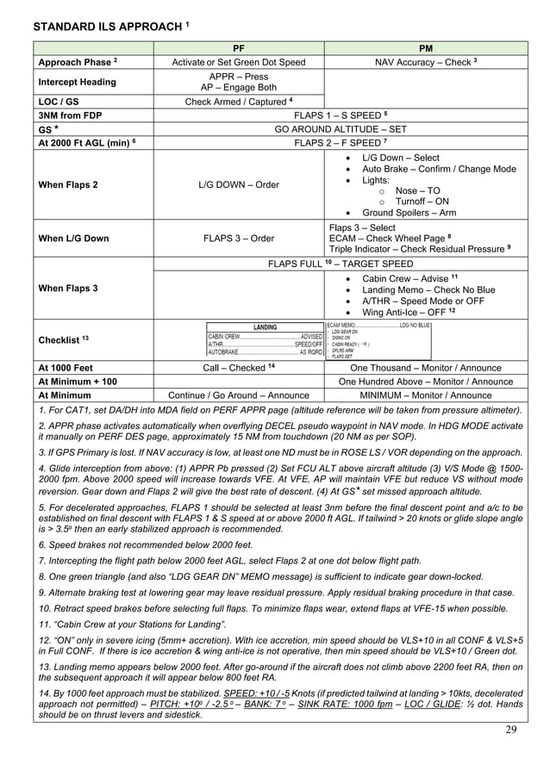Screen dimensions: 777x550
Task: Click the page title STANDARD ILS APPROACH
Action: point(107,27)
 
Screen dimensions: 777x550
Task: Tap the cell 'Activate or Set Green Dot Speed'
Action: point(239,62)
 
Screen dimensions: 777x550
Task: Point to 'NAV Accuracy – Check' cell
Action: point(425,62)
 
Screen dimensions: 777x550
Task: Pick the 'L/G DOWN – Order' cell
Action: point(239,185)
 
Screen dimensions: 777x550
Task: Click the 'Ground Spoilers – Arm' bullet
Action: point(409,213)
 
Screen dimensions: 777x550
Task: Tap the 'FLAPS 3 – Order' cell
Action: point(239,239)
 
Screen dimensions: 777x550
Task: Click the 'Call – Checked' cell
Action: point(239,368)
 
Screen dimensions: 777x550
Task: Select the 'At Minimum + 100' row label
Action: point(78,381)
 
